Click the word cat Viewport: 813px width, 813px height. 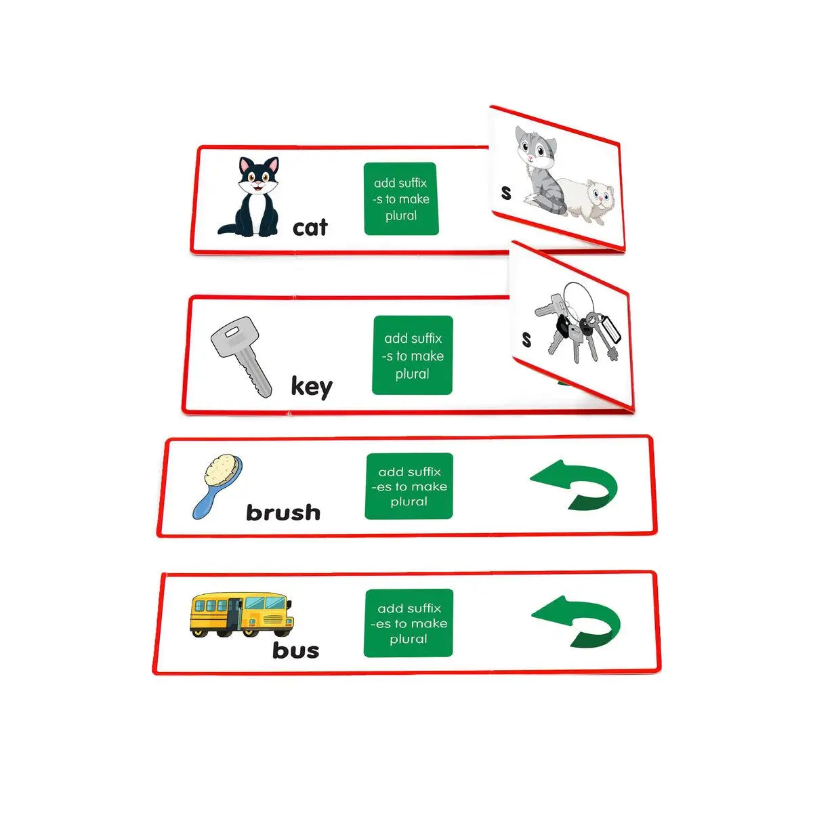(x=310, y=228)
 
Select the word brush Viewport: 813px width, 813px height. (x=283, y=513)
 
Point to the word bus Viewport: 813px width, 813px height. (x=296, y=650)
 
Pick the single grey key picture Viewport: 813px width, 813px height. (x=241, y=357)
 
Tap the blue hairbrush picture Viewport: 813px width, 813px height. (x=217, y=486)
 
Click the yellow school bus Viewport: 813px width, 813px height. (x=241, y=614)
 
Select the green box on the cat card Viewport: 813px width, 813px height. (x=401, y=199)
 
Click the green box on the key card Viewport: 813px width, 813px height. (x=413, y=355)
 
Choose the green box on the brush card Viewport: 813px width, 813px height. (x=409, y=486)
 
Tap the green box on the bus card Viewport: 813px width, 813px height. (x=409, y=623)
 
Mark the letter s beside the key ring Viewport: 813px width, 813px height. (x=526, y=339)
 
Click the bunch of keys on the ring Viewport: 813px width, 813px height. (x=578, y=322)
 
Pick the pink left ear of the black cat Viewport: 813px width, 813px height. (x=245, y=165)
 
